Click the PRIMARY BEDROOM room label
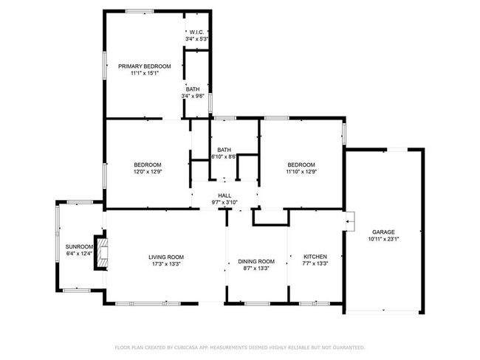click(x=145, y=66)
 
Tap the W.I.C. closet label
click(x=196, y=32)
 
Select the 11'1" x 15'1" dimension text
click(x=145, y=74)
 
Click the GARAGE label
click(x=383, y=232)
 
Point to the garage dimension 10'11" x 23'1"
click(x=383, y=239)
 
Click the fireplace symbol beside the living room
click(x=102, y=252)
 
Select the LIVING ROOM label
click(x=166, y=257)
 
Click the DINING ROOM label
click(x=256, y=261)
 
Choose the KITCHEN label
click(x=315, y=257)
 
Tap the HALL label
click(x=224, y=195)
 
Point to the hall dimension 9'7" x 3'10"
click(x=224, y=202)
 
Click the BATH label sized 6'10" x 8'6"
click(x=224, y=150)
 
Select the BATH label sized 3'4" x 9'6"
click(x=193, y=89)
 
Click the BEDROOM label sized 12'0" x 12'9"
click(x=148, y=165)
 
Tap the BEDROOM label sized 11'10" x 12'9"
click(x=301, y=165)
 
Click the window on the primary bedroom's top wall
click(x=140, y=11)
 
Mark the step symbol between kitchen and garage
click(x=350, y=221)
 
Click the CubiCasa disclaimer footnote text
click(x=240, y=347)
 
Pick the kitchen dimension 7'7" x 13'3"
click(x=315, y=263)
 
